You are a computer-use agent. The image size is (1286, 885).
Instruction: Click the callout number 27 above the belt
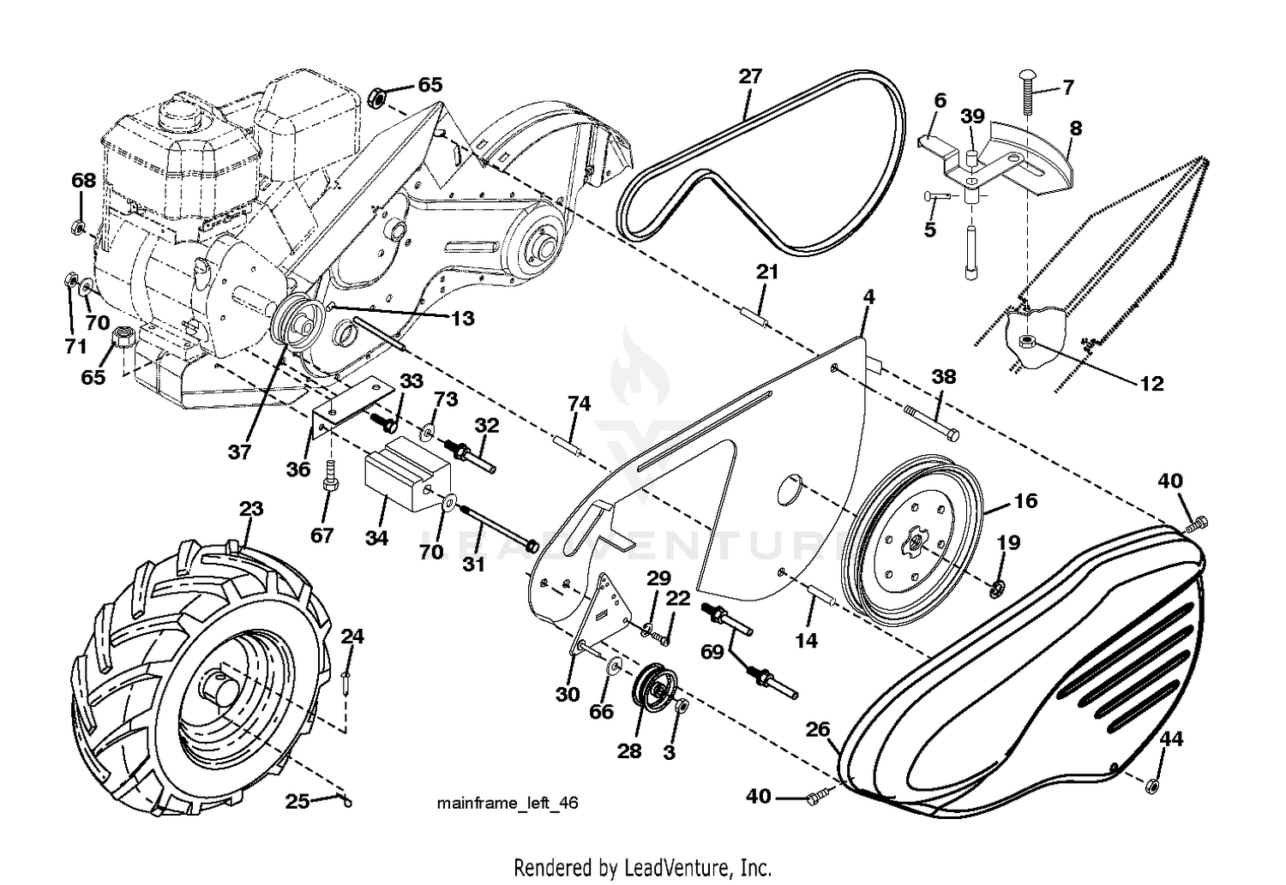pos(750,76)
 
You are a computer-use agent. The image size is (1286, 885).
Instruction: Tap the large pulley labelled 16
pos(913,541)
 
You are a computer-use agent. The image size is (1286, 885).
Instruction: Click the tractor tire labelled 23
pos(201,677)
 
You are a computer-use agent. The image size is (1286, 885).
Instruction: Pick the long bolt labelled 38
pos(931,423)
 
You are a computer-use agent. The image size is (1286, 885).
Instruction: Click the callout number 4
pos(868,297)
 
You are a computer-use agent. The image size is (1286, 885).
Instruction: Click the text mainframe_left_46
pos(508,804)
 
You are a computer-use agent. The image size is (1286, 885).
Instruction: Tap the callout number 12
pos(1151,383)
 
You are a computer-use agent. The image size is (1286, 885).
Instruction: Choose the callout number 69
pos(712,652)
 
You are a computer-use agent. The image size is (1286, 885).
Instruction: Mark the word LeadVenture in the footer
pos(676,868)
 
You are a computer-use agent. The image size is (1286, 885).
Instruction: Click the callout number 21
pos(767,272)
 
